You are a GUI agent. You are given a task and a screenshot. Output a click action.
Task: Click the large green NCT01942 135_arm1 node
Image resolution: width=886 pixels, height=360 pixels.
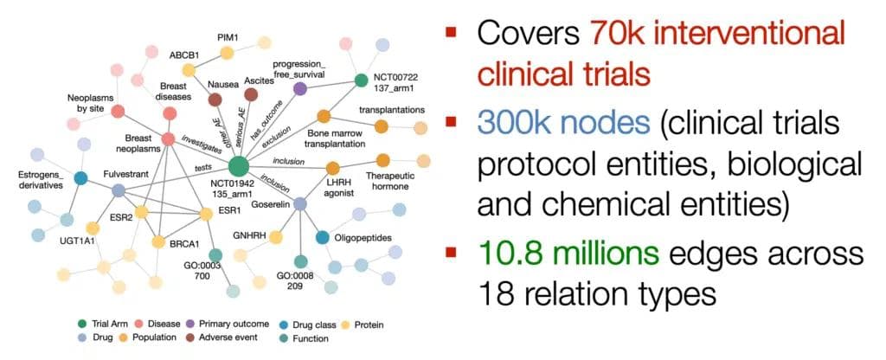pyautogui.click(x=239, y=166)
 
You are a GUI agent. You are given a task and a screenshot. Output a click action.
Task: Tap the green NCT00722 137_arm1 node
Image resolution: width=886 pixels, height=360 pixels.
pyautogui.click(x=363, y=81)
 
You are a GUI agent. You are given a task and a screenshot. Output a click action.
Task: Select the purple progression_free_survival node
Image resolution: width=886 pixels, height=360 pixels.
pyautogui.click(x=300, y=88)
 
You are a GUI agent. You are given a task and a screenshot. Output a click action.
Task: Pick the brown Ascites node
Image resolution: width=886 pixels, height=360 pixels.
pyautogui.click(x=252, y=93)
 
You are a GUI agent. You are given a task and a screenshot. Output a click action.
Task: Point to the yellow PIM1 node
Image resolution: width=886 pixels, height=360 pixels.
pyautogui.click(x=228, y=54)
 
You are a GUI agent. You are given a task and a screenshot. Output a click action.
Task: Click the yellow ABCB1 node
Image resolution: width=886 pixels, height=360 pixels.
pyautogui.click(x=188, y=70)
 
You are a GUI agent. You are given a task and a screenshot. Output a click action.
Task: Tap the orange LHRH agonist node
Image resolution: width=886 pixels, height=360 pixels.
pyautogui.click(x=332, y=168)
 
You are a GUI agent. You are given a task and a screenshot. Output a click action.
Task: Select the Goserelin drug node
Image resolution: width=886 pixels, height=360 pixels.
pyautogui.click(x=299, y=203)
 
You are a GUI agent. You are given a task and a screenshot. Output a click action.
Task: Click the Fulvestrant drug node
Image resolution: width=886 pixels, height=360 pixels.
pyautogui.click(x=119, y=190)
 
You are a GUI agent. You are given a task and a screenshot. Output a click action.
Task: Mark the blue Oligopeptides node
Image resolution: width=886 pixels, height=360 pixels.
pyautogui.click(x=322, y=237)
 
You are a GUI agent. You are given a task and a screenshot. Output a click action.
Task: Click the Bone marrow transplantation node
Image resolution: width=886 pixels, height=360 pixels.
pyautogui.click(x=324, y=116)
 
